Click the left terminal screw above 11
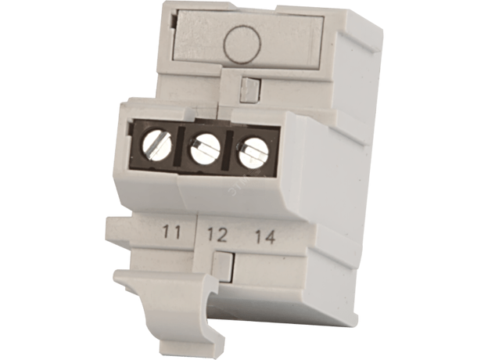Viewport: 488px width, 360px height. tap(156, 146)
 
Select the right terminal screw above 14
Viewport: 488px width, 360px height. tap(253, 153)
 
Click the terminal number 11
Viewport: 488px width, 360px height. tap(172, 232)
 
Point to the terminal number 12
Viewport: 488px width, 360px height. tap(217, 235)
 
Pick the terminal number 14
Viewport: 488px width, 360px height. tap(265, 237)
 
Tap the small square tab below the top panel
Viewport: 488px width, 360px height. tap(250, 89)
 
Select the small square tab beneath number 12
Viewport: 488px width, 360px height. tap(223, 265)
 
